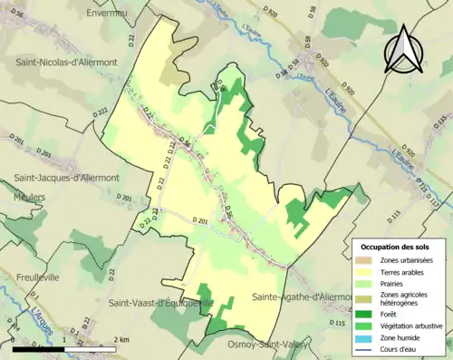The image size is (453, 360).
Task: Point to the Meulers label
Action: pyautogui.click(x=31, y=195)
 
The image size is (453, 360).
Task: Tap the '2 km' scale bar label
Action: pyautogui.click(x=121, y=339)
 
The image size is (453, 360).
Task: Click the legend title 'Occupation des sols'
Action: pyautogui.click(x=395, y=247)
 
